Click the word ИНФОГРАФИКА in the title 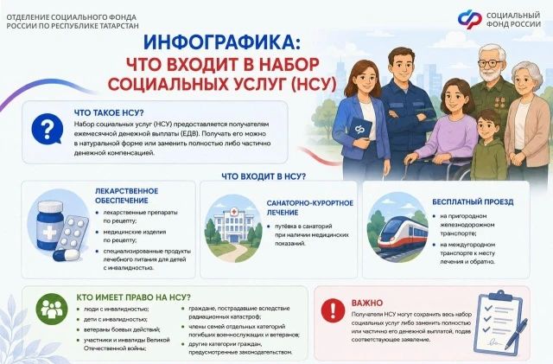(220, 42)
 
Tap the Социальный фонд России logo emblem (469, 19)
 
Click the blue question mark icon (47, 129)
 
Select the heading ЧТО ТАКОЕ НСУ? (109, 113)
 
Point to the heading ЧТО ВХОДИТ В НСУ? (264, 176)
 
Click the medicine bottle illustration (50, 225)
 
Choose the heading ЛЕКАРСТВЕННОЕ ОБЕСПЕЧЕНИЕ (127, 195)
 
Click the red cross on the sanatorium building (233, 212)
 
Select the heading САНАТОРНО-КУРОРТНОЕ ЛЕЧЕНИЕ (309, 208)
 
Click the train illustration (404, 233)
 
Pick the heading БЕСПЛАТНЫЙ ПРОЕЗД (473, 202)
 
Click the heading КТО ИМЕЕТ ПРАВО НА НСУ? (133, 297)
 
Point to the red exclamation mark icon (333, 310)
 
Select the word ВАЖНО (367, 303)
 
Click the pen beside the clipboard (517, 335)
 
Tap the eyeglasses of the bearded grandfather (491, 64)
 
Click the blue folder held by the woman (360, 129)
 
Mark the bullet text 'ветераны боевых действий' (122, 329)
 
